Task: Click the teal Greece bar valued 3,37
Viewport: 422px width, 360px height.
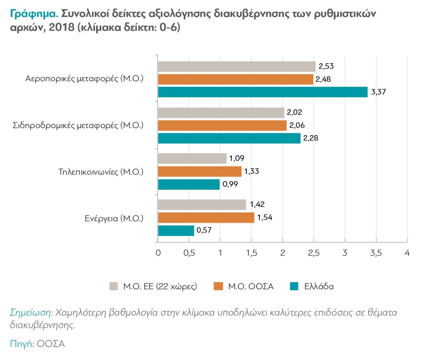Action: [263, 92]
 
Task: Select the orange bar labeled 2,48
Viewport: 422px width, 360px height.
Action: [235, 79]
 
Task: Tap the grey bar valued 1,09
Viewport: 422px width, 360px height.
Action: [192, 158]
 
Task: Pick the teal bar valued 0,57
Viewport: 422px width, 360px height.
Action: [176, 231]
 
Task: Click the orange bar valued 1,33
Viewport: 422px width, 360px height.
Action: [200, 172]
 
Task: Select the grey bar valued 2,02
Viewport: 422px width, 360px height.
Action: [221, 113]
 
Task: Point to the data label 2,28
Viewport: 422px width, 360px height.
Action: [311, 138]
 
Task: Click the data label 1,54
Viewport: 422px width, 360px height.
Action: [265, 218]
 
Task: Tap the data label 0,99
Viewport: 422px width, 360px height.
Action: [230, 184]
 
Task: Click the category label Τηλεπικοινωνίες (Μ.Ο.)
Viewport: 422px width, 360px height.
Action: [101, 172]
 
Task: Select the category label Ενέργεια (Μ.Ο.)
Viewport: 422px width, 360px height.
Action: [114, 219]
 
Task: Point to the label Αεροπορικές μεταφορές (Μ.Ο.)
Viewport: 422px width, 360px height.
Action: [84, 79]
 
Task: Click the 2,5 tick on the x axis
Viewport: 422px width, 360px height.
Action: [314, 253]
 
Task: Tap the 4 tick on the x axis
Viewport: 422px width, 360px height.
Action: [407, 253]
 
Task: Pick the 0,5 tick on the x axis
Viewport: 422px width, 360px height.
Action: [189, 253]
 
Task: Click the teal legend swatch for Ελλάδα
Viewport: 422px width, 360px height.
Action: [294, 286]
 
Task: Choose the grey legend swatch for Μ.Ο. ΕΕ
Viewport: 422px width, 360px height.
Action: [114, 286]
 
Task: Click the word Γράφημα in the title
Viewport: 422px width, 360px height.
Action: [34, 14]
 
